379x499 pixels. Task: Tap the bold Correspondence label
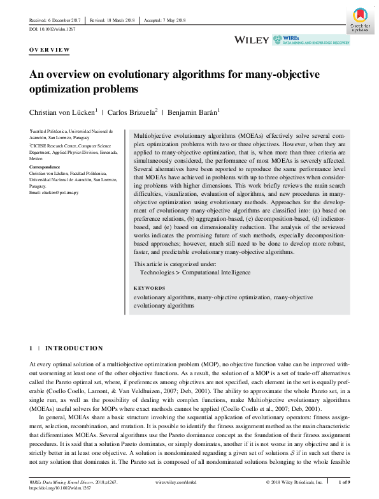[x=48, y=167]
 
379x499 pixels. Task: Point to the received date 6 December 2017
[x=52, y=20]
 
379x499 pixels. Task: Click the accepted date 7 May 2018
[x=169, y=20]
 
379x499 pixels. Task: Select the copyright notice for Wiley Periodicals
[x=296, y=482]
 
